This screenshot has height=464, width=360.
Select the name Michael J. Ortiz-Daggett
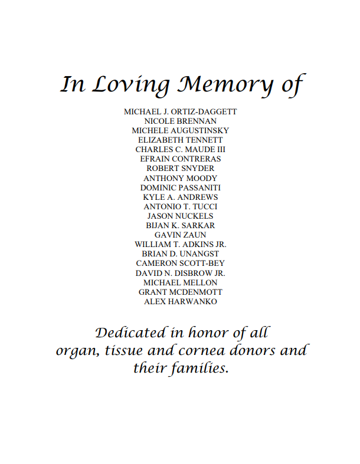[181, 111]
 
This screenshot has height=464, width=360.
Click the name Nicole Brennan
[181, 121]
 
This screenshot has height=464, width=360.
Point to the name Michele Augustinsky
[181, 130]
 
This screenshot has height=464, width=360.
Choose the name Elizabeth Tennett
[181, 140]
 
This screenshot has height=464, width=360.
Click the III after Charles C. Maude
[219, 149]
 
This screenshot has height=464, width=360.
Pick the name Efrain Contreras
[181, 159]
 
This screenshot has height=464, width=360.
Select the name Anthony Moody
[181, 178]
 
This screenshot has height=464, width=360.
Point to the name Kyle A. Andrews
[181, 197]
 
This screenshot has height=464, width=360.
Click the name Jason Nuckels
[181, 216]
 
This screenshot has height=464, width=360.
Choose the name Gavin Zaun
[181, 235]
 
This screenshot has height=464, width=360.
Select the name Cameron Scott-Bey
[181, 263]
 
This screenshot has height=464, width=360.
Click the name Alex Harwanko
[181, 301]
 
